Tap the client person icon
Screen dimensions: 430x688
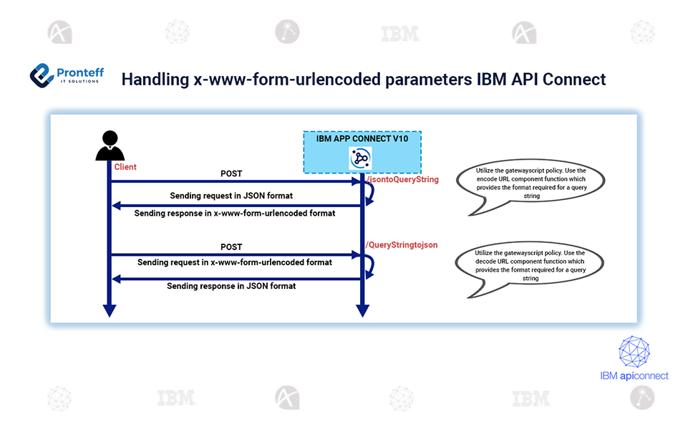[x=110, y=145]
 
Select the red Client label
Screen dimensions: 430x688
[x=125, y=167]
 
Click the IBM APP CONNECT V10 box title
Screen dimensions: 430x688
[x=362, y=139]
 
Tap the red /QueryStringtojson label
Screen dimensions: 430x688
[x=402, y=244]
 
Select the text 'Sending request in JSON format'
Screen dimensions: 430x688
[x=231, y=196]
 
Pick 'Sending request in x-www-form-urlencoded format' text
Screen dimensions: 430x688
[x=235, y=262]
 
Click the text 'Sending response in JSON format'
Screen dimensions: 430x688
[x=231, y=286]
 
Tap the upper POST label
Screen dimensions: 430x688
[x=231, y=173]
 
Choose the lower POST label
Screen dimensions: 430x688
[x=231, y=247]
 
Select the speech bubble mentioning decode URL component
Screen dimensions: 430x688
[x=530, y=266]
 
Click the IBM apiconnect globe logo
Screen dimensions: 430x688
[x=634, y=352]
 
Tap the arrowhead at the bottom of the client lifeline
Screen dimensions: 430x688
[x=110, y=310]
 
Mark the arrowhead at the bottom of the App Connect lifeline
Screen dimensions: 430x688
[x=363, y=310]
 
